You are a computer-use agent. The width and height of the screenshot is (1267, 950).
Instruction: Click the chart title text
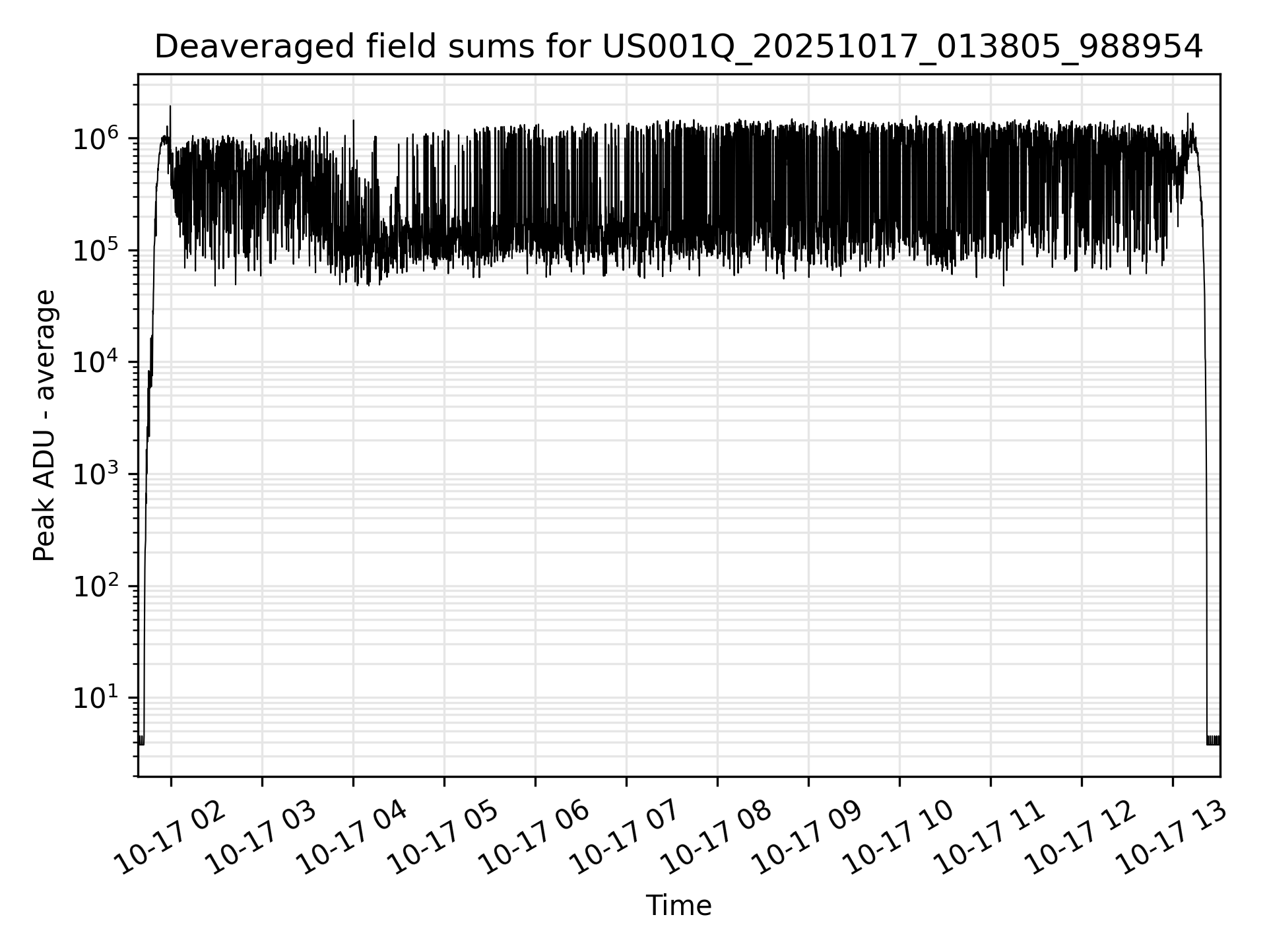678,47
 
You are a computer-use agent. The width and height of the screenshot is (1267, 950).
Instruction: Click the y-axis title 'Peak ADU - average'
44,426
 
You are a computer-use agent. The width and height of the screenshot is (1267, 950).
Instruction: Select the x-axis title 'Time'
678,906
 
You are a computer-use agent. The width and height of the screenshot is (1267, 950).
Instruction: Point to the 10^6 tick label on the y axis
96,140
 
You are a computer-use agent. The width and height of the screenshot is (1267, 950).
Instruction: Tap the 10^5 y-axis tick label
96,251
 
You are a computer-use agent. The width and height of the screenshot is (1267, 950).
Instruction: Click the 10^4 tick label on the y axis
96,363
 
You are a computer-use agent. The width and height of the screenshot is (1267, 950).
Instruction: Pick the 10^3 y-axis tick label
96,475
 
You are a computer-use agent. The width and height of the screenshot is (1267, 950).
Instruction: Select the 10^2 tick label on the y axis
96,586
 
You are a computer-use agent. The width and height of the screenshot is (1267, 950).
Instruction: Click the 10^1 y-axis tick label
96,698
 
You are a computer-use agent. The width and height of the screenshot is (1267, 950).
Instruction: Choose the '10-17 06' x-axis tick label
535,838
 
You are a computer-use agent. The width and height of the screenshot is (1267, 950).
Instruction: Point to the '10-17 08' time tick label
717,838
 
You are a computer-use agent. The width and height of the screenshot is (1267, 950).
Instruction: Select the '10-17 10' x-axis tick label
899,838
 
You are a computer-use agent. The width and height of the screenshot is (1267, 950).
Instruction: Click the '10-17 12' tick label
1082,838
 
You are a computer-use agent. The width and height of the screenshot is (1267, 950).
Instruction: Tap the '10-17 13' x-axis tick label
1173,838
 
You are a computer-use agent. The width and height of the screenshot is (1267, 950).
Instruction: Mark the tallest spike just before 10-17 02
170,107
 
